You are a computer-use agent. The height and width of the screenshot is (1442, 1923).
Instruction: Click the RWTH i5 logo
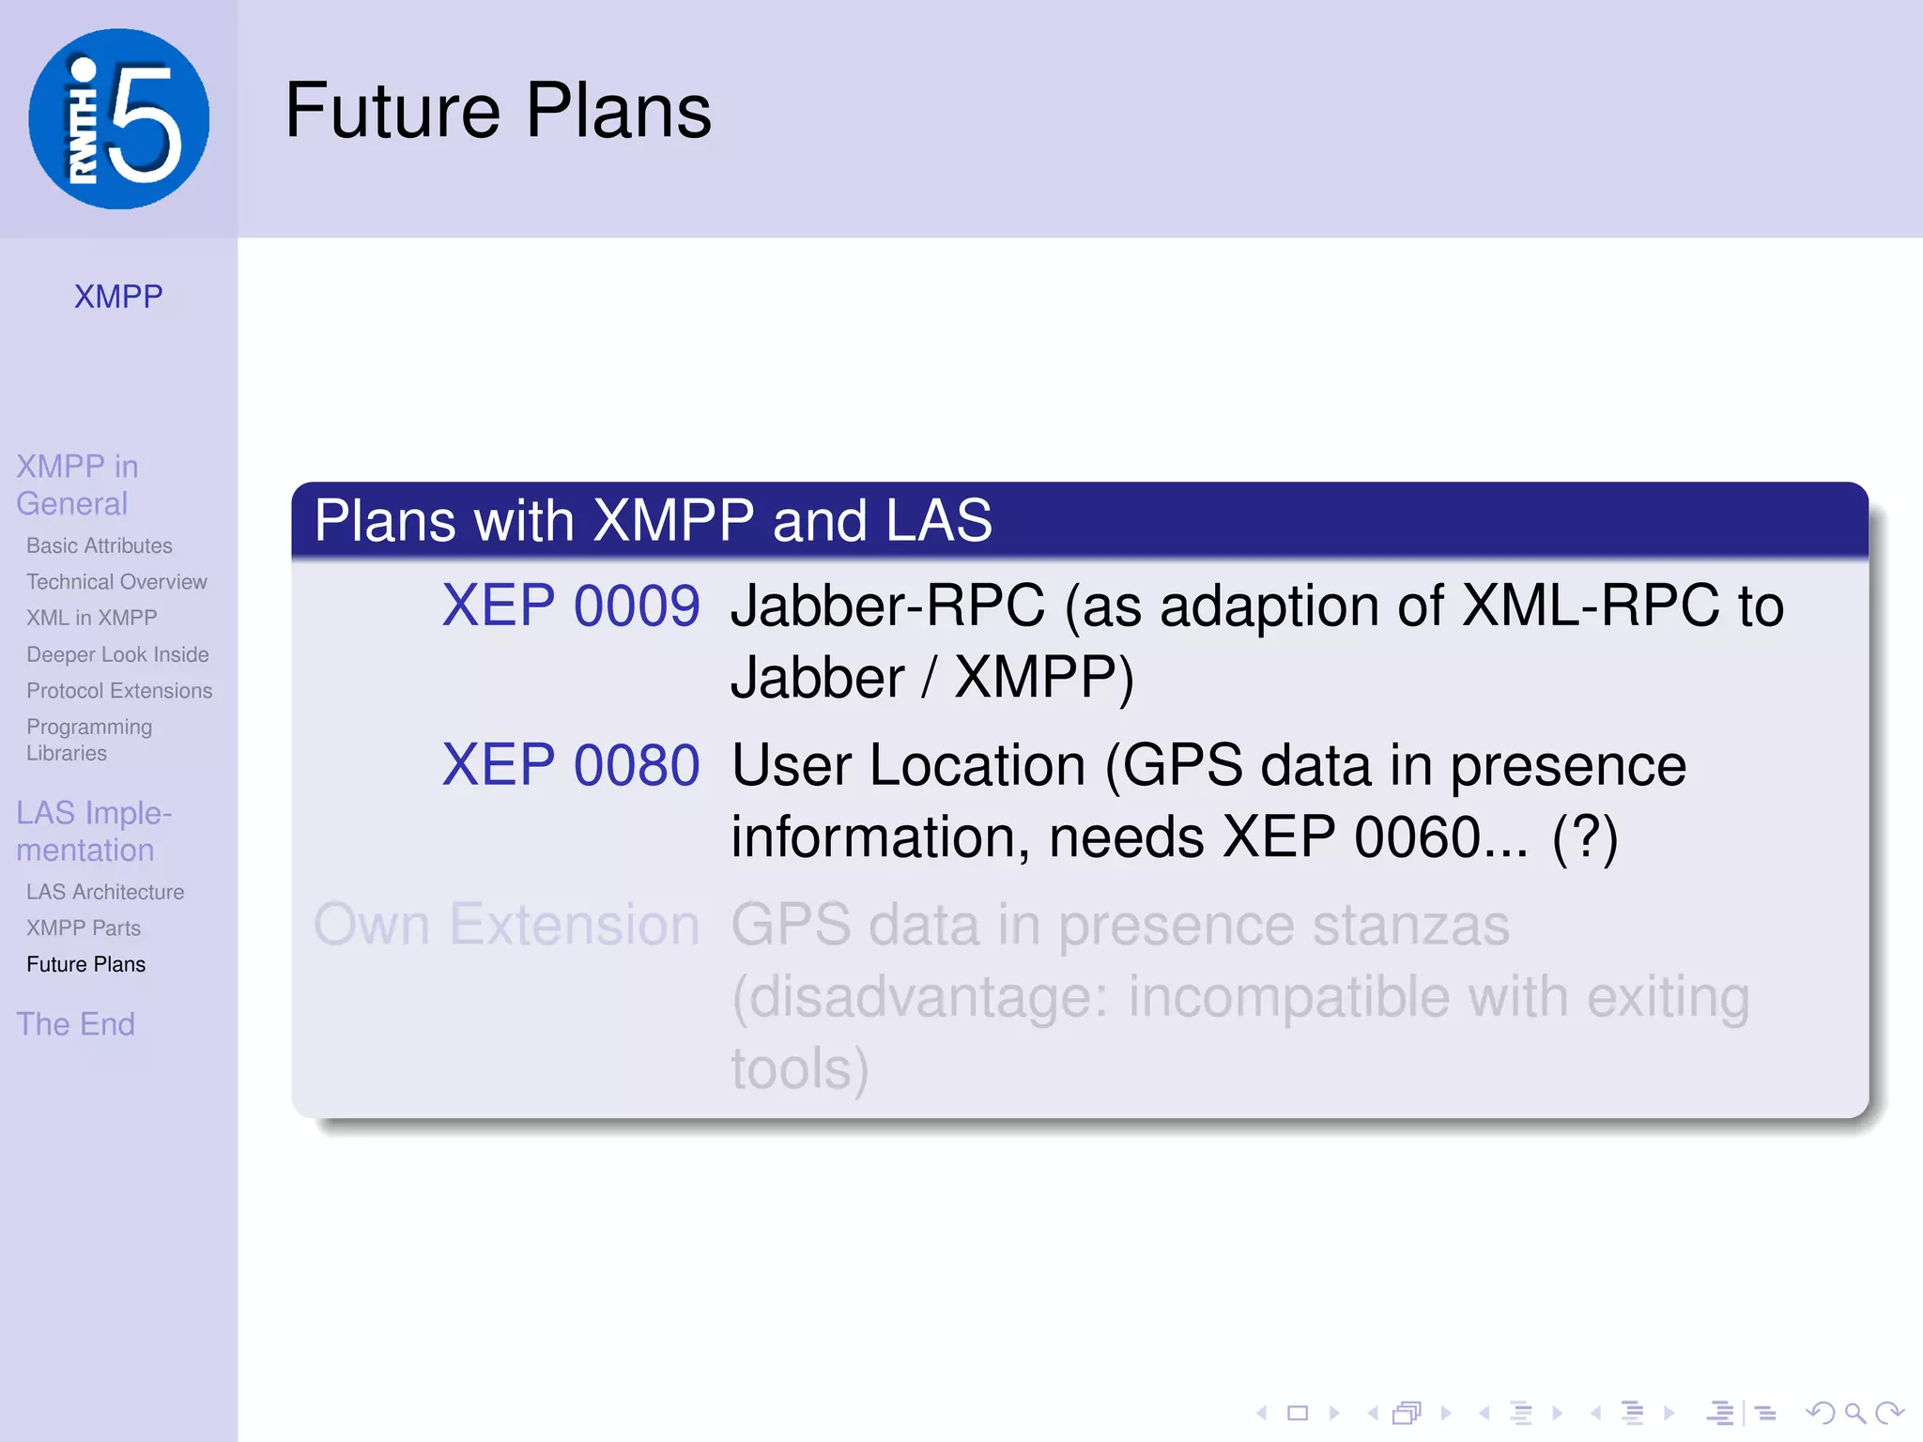(119, 119)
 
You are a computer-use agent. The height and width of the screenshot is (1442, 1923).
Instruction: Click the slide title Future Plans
(498, 111)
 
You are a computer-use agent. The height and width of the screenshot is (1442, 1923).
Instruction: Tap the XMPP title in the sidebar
(118, 297)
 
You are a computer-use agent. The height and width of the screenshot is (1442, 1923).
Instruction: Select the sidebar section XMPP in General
(77, 484)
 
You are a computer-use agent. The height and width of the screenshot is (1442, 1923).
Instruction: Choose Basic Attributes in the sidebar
(100, 545)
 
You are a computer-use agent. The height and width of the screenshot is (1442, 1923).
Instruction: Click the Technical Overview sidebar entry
(116, 582)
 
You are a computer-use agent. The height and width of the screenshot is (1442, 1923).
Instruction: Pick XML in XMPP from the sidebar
(91, 618)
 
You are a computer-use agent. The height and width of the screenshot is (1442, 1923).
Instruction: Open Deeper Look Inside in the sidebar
(117, 654)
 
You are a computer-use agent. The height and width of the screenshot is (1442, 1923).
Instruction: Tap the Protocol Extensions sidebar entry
(119, 691)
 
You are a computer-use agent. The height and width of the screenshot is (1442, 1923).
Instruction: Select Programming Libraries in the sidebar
(88, 740)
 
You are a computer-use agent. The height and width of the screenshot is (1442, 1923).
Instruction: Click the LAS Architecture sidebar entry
(105, 892)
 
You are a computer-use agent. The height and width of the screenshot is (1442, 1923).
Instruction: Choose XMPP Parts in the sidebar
(84, 928)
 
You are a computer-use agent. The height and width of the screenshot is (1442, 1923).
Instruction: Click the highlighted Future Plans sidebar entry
(86, 964)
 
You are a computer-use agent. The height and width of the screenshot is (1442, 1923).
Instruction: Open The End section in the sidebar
(75, 1024)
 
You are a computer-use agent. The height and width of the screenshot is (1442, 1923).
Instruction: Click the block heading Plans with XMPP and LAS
(653, 520)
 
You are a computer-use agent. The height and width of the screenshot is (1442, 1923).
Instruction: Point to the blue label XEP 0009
(571, 606)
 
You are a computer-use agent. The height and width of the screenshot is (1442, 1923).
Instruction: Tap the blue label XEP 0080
(571, 765)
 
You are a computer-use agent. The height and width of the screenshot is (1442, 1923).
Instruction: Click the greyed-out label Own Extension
(507, 925)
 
